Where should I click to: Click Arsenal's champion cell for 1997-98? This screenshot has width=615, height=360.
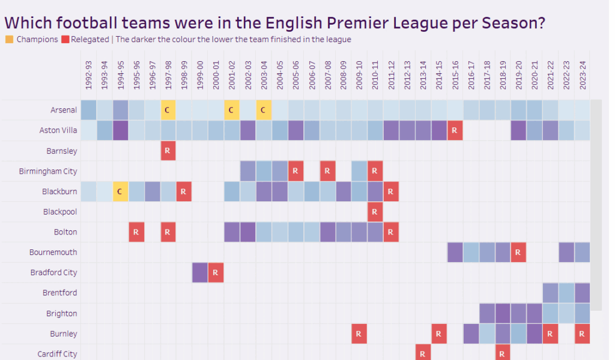(168, 110)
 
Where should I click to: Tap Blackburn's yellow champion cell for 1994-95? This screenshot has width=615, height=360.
(120, 192)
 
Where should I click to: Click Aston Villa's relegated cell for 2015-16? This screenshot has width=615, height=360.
(455, 130)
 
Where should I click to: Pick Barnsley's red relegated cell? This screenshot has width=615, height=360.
(168, 151)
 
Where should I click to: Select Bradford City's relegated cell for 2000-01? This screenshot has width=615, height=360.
(216, 273)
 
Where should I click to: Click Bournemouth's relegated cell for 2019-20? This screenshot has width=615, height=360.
(518, 252)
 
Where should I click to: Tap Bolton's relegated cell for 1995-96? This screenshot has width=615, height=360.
(136, 232)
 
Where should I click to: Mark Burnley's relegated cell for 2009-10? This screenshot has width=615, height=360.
(359, 334)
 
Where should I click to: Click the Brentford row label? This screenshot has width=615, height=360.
(61, 293)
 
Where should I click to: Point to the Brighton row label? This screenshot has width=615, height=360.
(62, 313)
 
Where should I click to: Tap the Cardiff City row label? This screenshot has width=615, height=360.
(57, 354)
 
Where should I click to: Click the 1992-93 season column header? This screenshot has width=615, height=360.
(89, 76)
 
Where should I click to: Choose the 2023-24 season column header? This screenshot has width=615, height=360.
(582, 76)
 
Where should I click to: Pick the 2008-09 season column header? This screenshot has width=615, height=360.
(344, 76)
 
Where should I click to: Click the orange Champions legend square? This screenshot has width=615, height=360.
(9, 40)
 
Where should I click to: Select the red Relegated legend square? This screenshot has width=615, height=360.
(65, 40)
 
